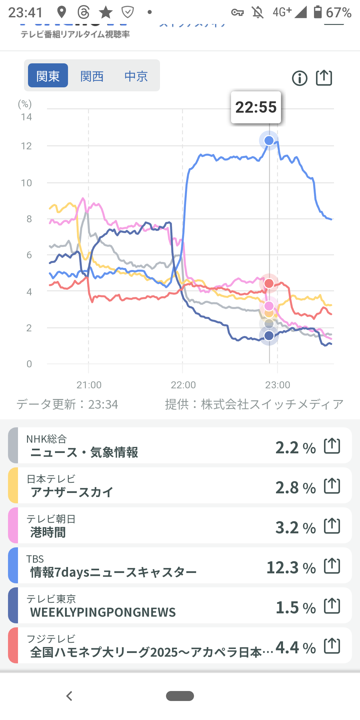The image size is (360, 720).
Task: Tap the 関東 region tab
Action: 48,76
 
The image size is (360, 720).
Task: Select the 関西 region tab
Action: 92,76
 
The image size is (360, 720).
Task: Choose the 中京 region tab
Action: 136,76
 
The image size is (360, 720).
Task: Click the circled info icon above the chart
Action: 300,78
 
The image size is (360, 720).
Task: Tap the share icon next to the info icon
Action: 324,78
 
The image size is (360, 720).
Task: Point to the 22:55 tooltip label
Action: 256,107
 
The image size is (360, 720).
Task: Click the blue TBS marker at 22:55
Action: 269,141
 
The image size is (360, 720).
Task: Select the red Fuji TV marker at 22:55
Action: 269,283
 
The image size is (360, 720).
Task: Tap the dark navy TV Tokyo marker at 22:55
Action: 269,335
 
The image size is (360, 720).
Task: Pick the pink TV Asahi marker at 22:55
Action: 269,306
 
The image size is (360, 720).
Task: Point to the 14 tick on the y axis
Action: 26,117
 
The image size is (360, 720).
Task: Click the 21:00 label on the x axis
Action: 89,385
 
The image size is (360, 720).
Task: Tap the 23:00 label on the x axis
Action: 278,385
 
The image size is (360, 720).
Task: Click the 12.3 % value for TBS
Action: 291,567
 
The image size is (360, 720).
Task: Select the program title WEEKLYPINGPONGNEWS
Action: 103,612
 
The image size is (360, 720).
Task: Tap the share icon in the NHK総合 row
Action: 332,446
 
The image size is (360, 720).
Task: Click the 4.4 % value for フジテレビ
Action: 296,647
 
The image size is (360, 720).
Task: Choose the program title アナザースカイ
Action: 72,492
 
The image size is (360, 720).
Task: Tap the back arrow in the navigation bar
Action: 69,696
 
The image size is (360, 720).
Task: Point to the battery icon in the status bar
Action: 318,12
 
